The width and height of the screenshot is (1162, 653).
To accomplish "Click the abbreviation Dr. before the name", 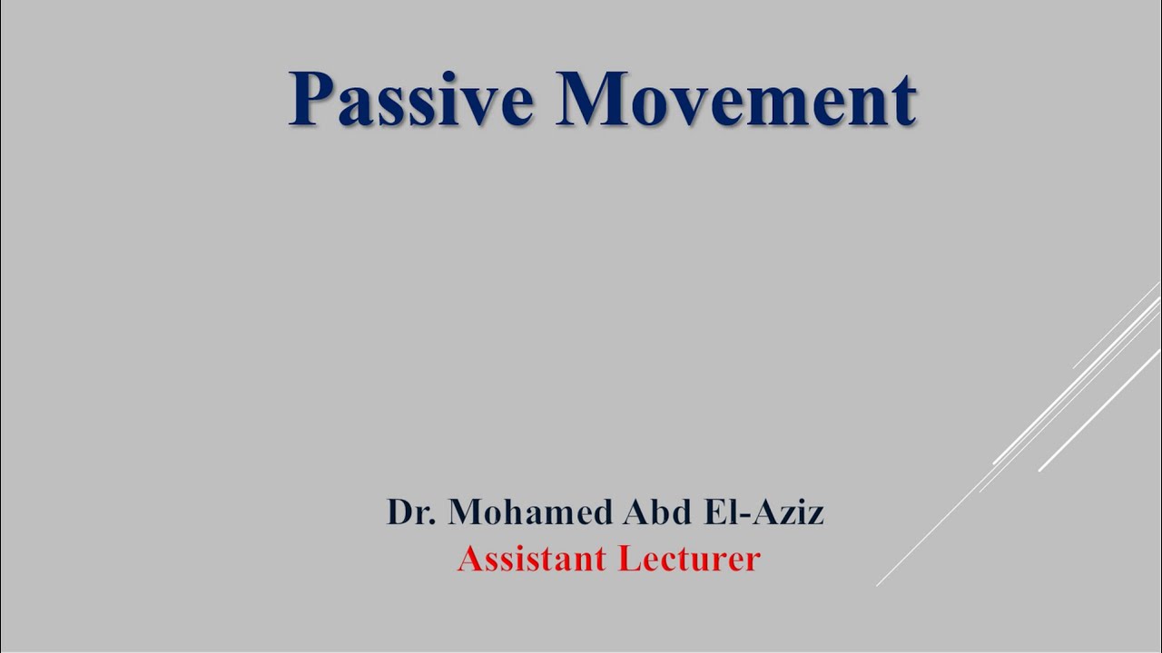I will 412,512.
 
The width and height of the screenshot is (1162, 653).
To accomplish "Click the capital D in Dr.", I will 399,512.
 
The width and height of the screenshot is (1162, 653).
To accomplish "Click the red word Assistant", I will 531,559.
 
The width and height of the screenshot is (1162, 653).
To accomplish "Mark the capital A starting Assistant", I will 468,559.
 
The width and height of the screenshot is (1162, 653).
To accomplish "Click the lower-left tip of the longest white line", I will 878,585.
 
